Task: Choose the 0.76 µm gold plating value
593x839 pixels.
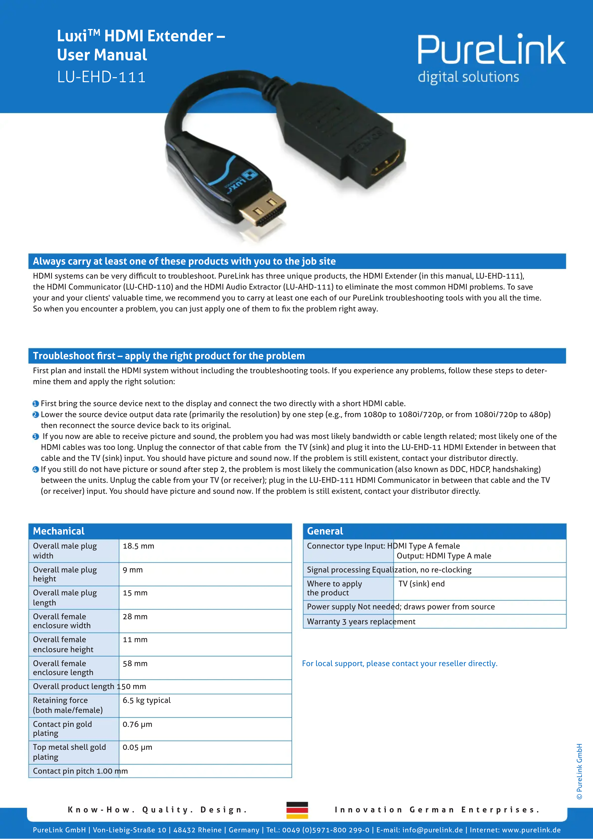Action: click(x=138, y=724)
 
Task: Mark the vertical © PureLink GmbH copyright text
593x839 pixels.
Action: click(x=579, y=771)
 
